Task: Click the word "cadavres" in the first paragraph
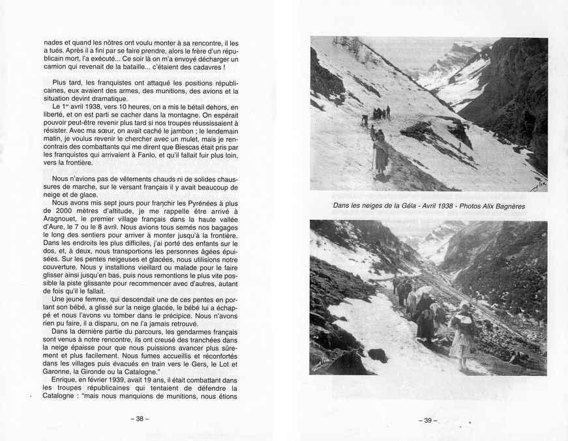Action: click(x=204, y=67)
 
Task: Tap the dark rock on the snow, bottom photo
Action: click(x=378, y=354)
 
